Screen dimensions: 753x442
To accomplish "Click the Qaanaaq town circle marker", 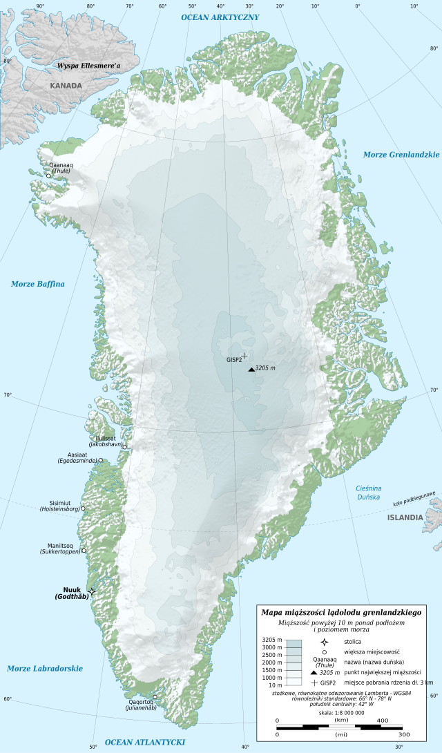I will [48, 175].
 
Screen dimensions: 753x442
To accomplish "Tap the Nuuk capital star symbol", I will [92, 592].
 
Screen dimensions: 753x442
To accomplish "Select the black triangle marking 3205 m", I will [251, 370].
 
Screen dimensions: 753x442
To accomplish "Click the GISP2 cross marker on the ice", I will [244, 356].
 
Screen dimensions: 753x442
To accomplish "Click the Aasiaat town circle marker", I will [101, 460].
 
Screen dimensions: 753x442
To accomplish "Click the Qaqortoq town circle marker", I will [155, 696].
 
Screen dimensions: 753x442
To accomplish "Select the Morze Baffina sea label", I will [38, 284].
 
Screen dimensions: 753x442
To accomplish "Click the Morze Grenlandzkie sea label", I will [401, 155].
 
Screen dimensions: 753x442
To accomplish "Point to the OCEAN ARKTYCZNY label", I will [220, 17].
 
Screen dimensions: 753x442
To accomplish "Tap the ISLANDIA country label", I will [405, 517].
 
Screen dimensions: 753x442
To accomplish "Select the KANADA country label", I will [66, 86].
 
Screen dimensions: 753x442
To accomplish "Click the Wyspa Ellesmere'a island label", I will [88, 66].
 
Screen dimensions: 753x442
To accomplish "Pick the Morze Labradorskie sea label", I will [45, 668].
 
